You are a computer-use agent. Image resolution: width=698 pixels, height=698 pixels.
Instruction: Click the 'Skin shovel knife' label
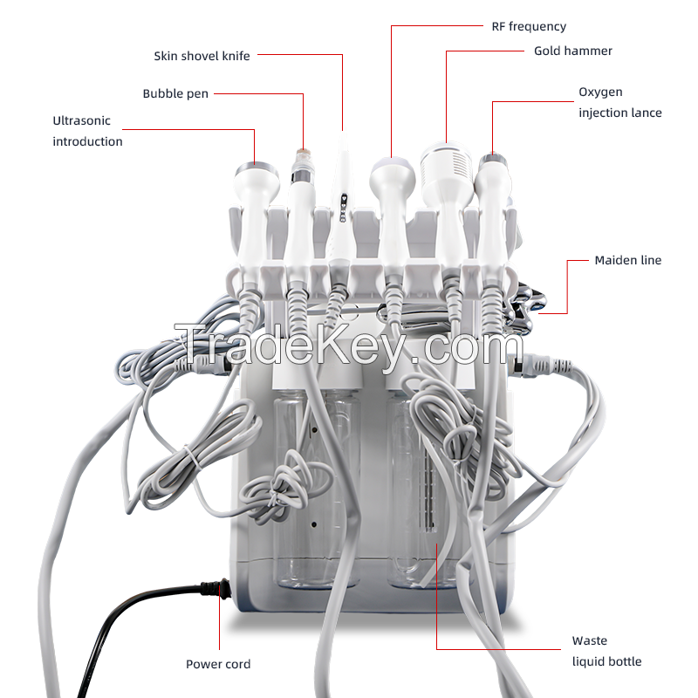coord(202,56)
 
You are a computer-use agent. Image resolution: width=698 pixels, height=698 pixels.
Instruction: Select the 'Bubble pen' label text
coord(175,93)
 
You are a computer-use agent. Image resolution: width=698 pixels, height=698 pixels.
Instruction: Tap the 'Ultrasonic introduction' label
coord(87,131)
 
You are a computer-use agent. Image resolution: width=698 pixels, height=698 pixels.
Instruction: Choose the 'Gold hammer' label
coord(573,51)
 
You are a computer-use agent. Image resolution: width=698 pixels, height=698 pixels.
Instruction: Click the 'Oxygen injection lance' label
coord(619,102)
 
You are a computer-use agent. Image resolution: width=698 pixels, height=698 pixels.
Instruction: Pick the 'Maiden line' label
coord(627,260)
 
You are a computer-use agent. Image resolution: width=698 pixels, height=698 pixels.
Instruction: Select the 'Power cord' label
coord(218,664)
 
